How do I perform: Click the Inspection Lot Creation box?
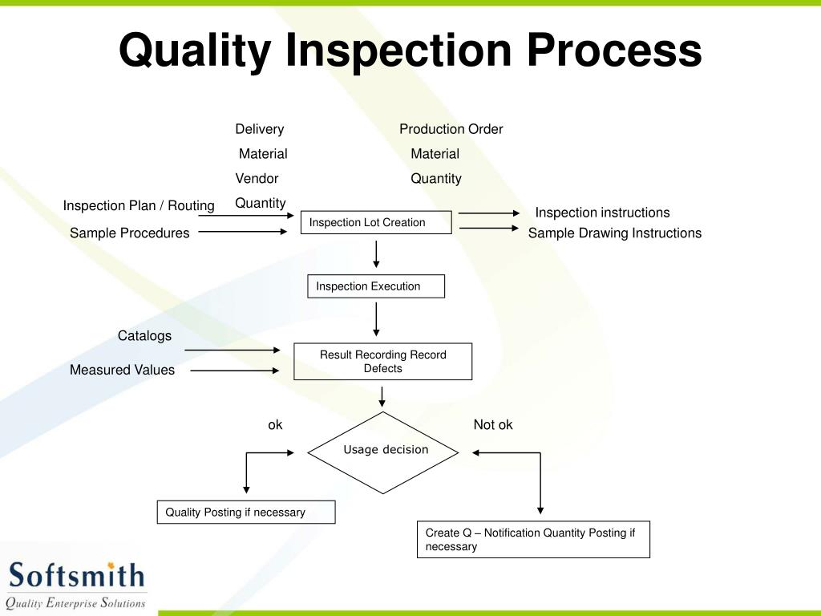pos(376,222)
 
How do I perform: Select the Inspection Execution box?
pos(375,286)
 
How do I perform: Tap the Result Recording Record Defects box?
pos(382,361)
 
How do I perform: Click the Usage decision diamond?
pos(383,451)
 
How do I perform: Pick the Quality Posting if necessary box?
pos(245,512)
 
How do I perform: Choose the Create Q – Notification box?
pos(532,539)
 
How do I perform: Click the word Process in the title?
pos(613,50)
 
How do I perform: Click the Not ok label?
pos(492,425)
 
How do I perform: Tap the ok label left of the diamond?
pos(275,425)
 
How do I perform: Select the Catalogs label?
pos(144,336)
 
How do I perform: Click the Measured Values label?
pos(122,370)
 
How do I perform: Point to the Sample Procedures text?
pos(129,233)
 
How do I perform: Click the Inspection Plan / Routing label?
pos(139,205)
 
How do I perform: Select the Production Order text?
pos(451,129)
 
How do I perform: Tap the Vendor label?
pos(257,178)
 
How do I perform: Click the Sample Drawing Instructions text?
pos(614,233)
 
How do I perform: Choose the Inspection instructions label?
pos(602,213)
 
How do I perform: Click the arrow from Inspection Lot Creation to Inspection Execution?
pos(376,253)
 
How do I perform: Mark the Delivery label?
pos(259,129)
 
